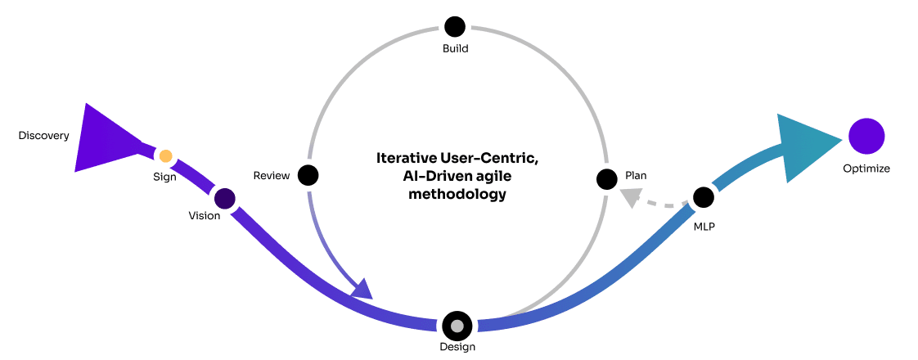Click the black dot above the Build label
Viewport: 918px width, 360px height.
pyautogui.click(x=455, y=26)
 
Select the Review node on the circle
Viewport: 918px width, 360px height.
pyautogui.click(x=308, y=175)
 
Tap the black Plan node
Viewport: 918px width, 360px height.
pyautogui.click(x=606, y=178)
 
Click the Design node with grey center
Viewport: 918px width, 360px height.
pyautogui.click(x=457, y=326)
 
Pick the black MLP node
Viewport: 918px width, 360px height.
pyautogui.click(x=704, y=197)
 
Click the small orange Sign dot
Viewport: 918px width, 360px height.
pyautogui.click(x=165, y=155)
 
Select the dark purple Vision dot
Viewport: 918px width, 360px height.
pyautogui.click(x=224, y=198)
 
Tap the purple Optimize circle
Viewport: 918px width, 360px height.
pyautogui.click(x=866, y=136)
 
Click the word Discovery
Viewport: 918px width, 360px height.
pyautogui.click(x=44, y=136)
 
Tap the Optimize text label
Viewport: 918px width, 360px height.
pyautogui.click(x=866, y=169)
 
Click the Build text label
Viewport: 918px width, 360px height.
pyautogui.click(x=455, y=48)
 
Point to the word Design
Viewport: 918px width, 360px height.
pyautogui.click(x=457, y=347)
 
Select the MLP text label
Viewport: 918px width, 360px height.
pyautogui.click(x=704, y=226)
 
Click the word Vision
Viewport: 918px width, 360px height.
pyautogui.click(x=205, y=216)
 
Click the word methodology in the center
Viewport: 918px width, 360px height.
pyautogui.click(x=457, y=195)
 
